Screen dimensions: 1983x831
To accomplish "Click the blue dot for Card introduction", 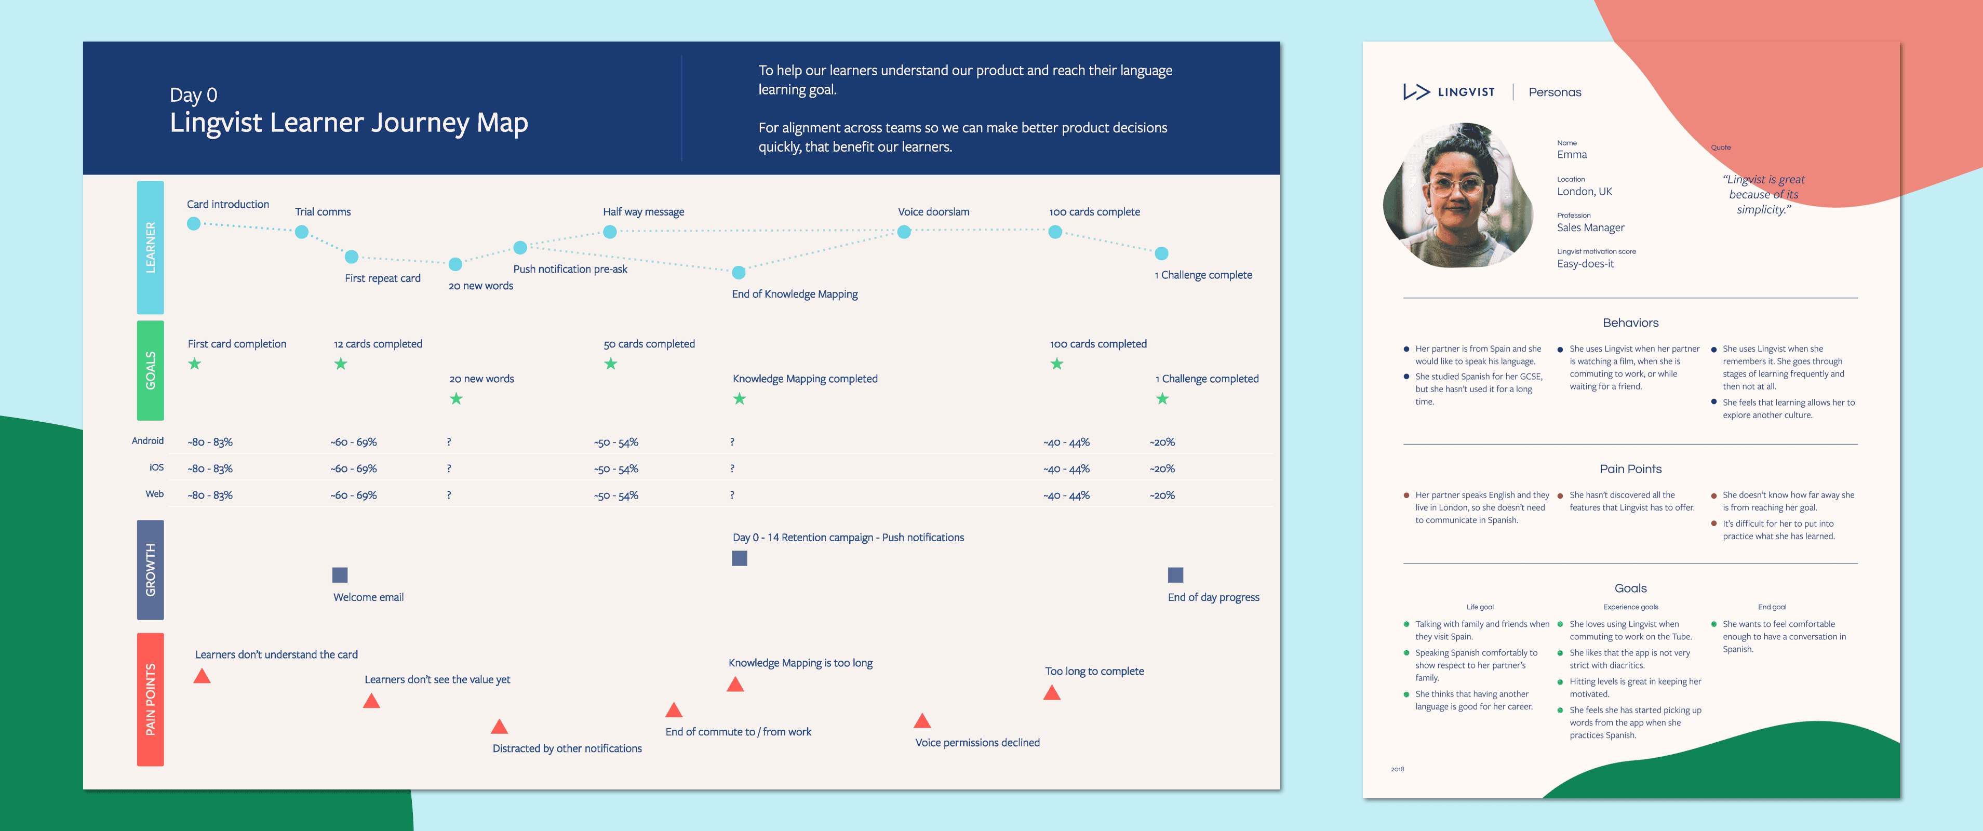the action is click(194, 223).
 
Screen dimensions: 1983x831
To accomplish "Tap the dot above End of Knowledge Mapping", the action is click(739, 272).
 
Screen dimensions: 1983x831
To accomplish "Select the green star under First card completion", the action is click(195, 364).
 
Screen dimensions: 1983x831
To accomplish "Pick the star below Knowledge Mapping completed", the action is click(740, 398).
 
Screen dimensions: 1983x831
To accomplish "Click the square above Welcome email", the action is click(340, 575).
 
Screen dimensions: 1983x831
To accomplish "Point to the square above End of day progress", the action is click(1175, 575).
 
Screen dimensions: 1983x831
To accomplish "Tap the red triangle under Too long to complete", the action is click(1052, 692).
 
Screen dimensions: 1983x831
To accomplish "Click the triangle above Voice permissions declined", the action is click(922, 720).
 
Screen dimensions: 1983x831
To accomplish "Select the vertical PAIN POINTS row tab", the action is click(151, 700).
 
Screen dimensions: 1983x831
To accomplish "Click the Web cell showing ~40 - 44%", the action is click(1067, 495).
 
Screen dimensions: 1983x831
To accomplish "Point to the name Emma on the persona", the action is click(1572, 155).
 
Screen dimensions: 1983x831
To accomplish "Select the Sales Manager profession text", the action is click(1590, 228).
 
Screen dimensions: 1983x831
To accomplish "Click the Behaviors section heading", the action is click(1630, 323).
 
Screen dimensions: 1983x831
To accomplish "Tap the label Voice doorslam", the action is click(934, 211).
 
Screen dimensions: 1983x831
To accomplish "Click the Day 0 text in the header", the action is click(193, 96).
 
